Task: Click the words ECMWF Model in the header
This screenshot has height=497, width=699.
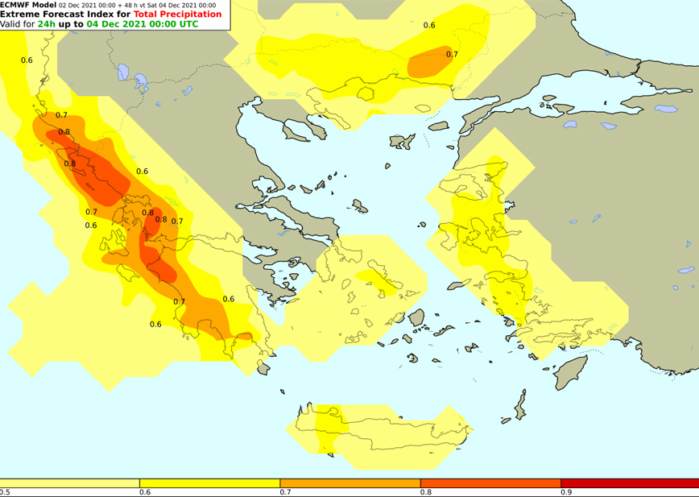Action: coord(28,5)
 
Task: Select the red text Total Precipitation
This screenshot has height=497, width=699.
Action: coord(177,14)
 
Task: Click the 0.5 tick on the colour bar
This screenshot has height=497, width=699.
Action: coord(5,491)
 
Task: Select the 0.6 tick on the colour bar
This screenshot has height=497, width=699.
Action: coord(145,491)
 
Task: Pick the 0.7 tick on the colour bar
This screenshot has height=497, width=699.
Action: coord(285,491)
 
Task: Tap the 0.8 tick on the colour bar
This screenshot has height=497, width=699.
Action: coord(425,491)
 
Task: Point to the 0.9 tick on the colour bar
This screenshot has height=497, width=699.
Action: coord(565,491)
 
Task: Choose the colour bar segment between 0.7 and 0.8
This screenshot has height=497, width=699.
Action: coord(349,483)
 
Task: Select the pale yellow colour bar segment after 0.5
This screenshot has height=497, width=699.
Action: coord(70,483)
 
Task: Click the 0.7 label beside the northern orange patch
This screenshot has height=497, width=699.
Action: coord(452,55)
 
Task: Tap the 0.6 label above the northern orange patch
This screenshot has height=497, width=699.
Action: coord(429,26)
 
